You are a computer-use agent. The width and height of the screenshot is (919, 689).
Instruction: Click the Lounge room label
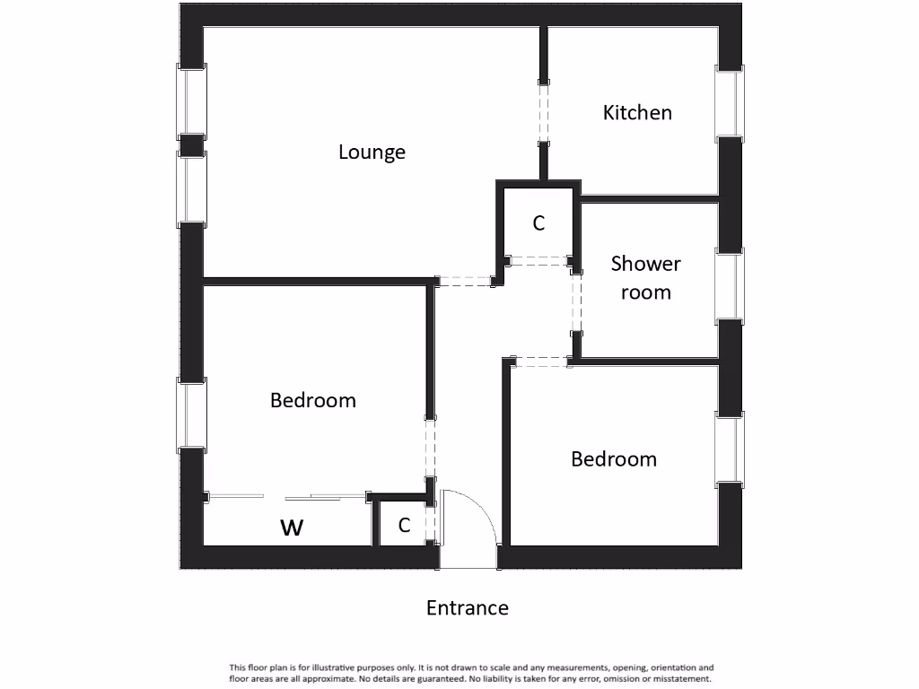(x=372, y=153)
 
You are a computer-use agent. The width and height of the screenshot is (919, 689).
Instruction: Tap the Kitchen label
(x=637, y=113)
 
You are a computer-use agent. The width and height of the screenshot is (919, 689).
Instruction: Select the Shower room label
(x=646, y=277)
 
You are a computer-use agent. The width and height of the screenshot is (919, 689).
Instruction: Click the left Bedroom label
(x=313, y=400)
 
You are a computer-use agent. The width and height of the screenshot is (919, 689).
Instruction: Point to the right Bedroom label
(x=614, y=459)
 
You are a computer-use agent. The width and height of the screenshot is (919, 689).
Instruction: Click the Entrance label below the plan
(x=467, y=608)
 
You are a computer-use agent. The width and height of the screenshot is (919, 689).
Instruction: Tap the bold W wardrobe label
(x=292, y=528)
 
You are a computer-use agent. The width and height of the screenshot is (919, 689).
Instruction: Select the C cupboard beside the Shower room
(x=538, y=223)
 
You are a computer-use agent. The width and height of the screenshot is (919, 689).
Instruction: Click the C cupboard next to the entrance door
(x=404, y=526)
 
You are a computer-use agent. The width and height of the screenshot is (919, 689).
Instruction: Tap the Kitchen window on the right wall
(x=729, y=102)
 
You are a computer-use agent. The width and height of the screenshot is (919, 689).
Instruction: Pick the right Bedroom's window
(x=729, y=449)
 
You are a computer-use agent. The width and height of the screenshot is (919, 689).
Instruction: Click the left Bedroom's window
(x=192, y=414)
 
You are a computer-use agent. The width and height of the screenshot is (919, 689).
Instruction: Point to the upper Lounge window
(x=192, y=101)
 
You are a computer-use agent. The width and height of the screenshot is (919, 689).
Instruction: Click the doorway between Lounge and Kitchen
(x=544, y=113)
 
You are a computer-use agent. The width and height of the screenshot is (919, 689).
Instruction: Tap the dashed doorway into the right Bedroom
(x=541, y=362)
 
